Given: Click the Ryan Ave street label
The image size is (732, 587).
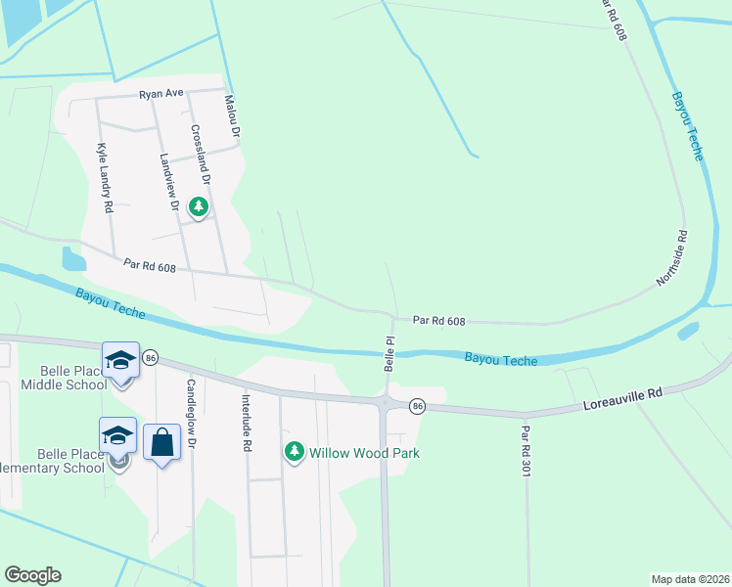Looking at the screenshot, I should point(161,94).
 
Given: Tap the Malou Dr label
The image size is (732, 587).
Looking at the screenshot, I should point(233,114).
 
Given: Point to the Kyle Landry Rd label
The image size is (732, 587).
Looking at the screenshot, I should point(105,179).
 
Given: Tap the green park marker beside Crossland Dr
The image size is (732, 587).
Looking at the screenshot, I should point(199,206).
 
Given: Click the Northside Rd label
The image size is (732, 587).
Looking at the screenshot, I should point(674,258).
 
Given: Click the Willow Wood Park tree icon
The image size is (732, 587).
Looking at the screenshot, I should point(294,452).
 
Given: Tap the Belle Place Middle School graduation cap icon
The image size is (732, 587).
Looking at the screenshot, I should point(120,360).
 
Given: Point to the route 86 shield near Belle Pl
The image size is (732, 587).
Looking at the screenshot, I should point(417,405).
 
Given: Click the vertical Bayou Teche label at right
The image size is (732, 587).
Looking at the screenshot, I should point(687,127).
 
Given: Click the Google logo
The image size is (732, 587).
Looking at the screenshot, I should point(32,575).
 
